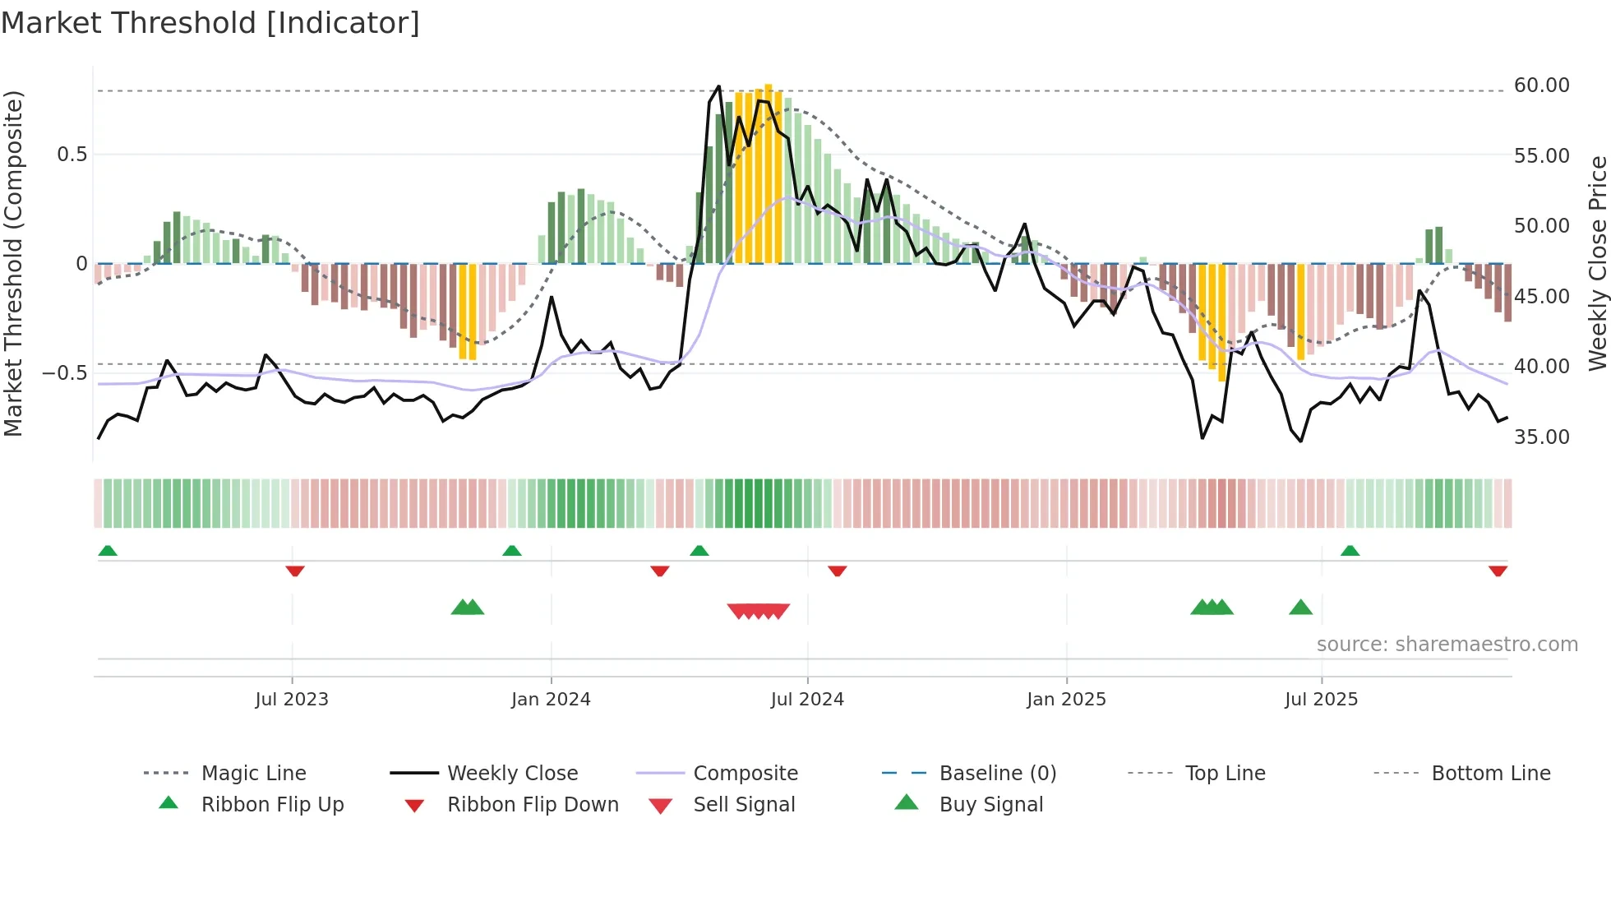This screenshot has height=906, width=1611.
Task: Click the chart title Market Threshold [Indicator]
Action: pos(210,23)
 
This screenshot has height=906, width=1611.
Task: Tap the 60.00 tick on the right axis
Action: pos(1541,86)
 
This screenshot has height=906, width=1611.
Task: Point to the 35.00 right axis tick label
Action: pos(1541,437)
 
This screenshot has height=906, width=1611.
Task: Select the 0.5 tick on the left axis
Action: pos(72,155)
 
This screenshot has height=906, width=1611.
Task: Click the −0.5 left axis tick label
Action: pos(65,373)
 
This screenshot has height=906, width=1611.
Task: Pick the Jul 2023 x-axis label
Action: pos(292,700)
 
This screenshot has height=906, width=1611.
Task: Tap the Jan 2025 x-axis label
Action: pos(1066,700)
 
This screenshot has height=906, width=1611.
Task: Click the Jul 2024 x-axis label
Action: pos(807,700)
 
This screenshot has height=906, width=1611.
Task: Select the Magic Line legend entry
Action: pos(253,774)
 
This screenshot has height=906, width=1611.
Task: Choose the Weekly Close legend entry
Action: pos(512,774)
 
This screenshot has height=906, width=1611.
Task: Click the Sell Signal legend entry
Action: pos(744,805)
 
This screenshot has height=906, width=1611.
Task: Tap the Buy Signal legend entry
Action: pos(990,805)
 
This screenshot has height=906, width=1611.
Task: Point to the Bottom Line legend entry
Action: pos(1490,774)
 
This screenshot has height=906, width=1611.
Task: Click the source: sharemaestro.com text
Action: pos(1447,645)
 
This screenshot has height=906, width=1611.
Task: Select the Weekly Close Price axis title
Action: pos(1597,263)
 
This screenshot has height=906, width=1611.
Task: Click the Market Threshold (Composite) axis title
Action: pos(13,263)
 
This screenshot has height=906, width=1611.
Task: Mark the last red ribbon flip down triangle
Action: pos(1498,571)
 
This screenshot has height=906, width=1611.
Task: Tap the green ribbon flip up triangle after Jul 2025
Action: pos(1350,551)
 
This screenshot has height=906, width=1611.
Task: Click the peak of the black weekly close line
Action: pos(718,86)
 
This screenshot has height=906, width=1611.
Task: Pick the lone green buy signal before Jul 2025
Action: pos(1300,608)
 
